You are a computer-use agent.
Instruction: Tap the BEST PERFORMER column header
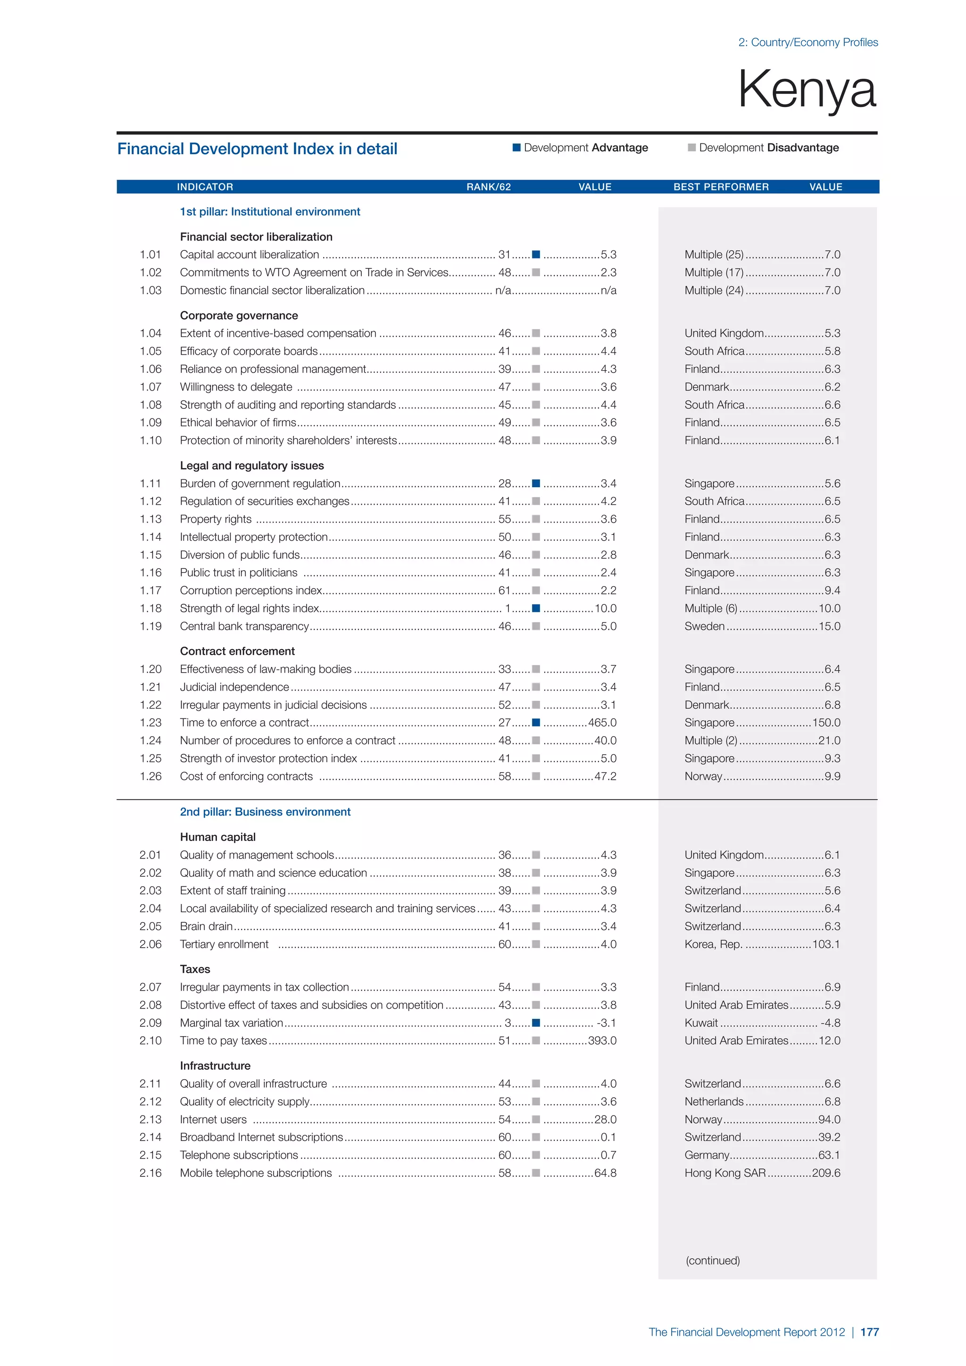pos(721,187)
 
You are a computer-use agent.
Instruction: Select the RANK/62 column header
pos(488,187)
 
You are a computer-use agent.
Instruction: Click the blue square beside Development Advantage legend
pos(516,148)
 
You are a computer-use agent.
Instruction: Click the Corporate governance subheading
pos(239,316)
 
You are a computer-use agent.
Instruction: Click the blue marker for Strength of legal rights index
pos(536,608)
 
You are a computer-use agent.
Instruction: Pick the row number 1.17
pos(150,590)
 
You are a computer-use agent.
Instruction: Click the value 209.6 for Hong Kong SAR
pos(826,1173)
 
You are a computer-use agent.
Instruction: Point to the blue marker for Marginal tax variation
pos(536,1023)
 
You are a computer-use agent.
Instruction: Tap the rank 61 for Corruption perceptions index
pos(504,590)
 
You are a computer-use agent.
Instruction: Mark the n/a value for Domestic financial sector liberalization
pos(608,291)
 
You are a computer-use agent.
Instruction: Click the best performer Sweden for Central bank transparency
pos(704,626)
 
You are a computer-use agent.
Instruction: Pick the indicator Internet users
pos(213,1119)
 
